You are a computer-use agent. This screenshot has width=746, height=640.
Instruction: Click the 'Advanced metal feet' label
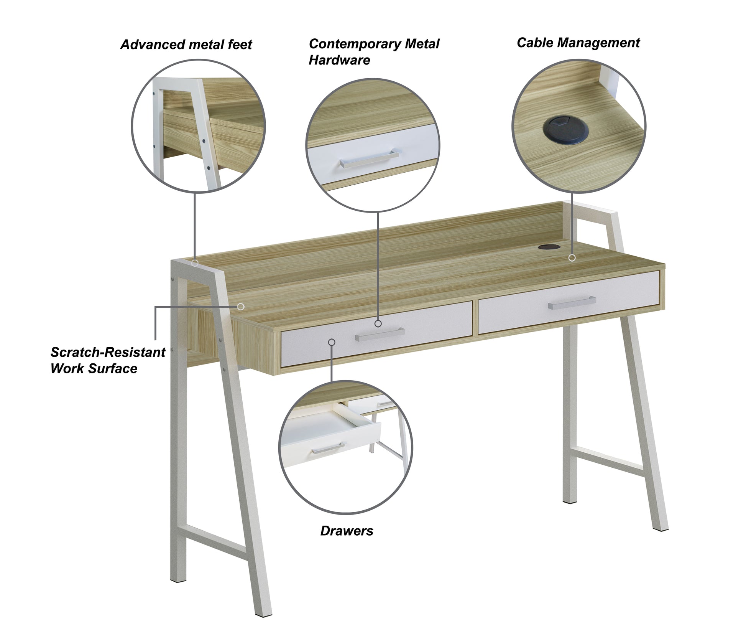click(186, 45)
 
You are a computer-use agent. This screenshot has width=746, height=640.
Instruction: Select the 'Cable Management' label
click(578, 43)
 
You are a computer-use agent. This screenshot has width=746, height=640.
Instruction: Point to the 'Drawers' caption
click(347, 531)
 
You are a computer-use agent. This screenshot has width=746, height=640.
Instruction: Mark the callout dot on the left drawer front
click(332, 342)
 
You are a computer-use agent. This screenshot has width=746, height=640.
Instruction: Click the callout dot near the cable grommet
click(572, 258)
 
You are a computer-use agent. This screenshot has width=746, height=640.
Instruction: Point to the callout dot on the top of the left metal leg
click(195, 263)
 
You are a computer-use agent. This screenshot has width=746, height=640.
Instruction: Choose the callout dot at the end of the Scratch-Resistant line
click(241, 307)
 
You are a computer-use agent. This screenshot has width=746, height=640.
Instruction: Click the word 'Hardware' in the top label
click(339, 60)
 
